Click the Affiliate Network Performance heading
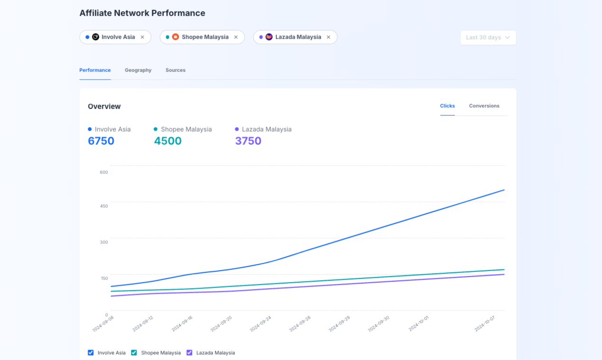[x=142, y=13]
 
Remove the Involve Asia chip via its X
[x=142, y=37]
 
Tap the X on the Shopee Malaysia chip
[x=236, y=37]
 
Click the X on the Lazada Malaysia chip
[x=328, y=37]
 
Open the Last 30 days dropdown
[x=488, y=37]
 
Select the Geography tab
[x=138, y=70]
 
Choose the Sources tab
[x=175, y=70]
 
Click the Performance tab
[x=95, y=70]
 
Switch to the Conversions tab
[x=484, y=106]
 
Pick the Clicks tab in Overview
[x=447, y=106]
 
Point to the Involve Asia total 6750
[x=101, y=141]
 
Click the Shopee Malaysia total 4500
[x=168, y=141]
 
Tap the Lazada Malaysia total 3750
[x=248, y=141]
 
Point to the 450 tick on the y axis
[x=104, y=206]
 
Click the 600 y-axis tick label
[x=104, y=172]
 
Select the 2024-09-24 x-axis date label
[x=261, y=324]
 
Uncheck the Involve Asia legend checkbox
[x=91, y=352]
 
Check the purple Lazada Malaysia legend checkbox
[x=190, y=352]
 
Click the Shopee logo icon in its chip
[x=175, y=37]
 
